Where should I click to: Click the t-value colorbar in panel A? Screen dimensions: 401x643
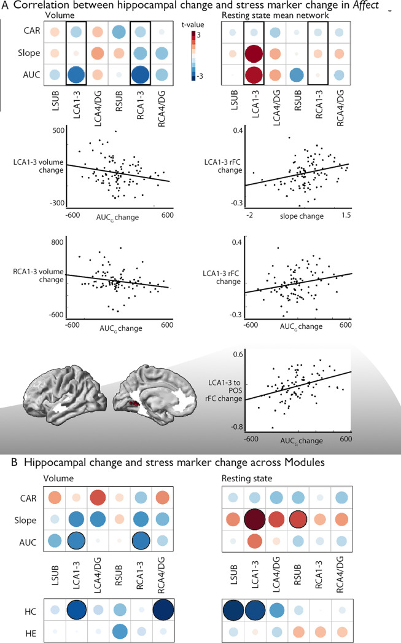pos(193,55)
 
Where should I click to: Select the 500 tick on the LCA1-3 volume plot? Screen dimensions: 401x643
pos(58,130)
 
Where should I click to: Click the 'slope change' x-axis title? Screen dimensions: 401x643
pos(302,216)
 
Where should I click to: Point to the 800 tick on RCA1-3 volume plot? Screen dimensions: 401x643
pos(57,242)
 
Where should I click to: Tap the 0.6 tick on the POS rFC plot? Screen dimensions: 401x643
pos(238,354)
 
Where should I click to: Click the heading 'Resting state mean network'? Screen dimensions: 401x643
pos(275,15)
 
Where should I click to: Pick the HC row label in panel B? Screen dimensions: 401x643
pos(30,612)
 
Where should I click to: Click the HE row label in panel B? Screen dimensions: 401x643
pos(31,634)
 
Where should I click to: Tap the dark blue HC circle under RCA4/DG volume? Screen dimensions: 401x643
pos(163,610)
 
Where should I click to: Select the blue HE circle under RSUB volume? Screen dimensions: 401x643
pos(119,631)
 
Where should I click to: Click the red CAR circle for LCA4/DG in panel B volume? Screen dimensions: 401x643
pos(98,497)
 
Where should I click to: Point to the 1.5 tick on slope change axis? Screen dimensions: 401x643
pos(346,215)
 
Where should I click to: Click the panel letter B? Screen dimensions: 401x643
pos(14,462)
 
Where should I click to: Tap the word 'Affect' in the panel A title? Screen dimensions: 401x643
pos(366,6)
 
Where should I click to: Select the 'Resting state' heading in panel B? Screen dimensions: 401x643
pos(247,478)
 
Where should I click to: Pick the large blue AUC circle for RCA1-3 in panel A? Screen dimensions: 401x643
pos(140,75)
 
